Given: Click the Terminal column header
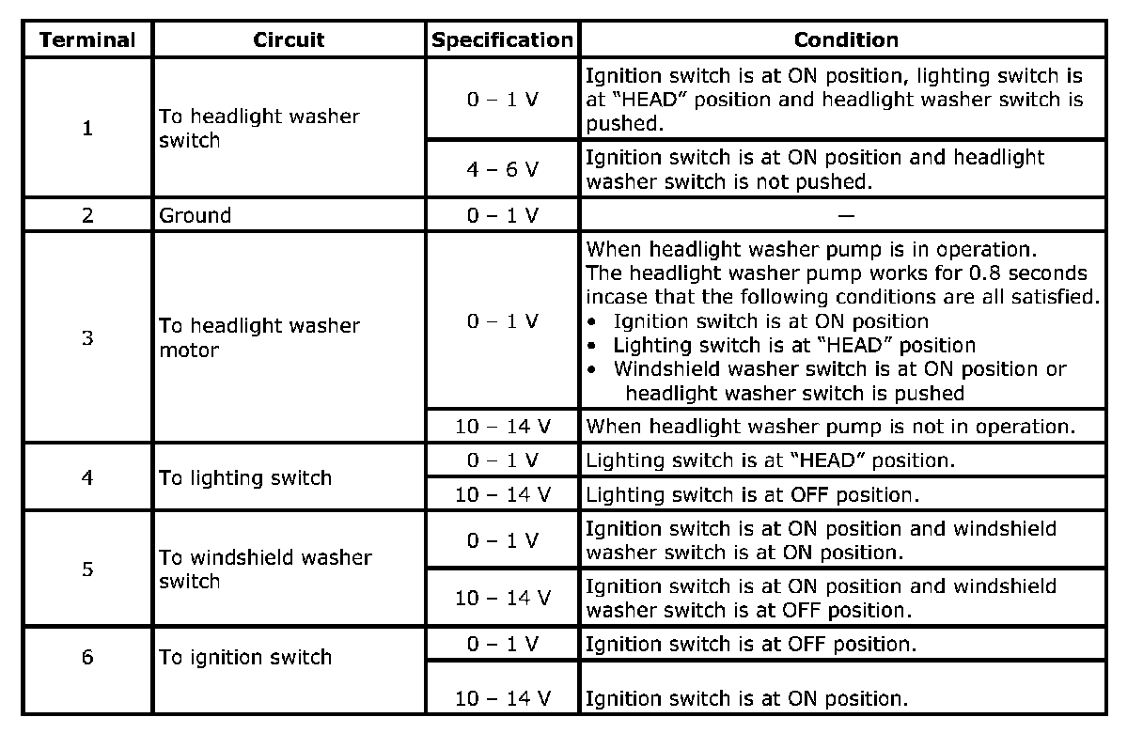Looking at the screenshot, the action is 87,39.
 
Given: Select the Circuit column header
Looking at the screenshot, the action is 289,39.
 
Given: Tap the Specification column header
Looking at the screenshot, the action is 503,39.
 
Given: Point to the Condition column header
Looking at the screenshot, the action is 846,39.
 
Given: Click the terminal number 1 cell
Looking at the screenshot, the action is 87,128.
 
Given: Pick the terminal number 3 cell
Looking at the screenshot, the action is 87,337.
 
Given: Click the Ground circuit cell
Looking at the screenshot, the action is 195,216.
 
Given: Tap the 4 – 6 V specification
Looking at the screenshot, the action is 503,169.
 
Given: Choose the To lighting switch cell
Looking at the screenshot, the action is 245,478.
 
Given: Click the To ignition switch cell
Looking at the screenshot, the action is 245,658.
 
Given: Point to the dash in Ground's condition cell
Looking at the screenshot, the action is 846,216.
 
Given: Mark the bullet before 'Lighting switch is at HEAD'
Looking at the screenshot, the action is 591,346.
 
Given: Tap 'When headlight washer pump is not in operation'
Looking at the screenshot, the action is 831,427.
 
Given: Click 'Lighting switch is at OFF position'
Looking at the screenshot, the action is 753,495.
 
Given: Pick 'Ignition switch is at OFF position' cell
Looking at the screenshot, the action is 751,645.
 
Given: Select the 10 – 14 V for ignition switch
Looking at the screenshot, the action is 503,699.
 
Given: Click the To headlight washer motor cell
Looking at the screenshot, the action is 259,337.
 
